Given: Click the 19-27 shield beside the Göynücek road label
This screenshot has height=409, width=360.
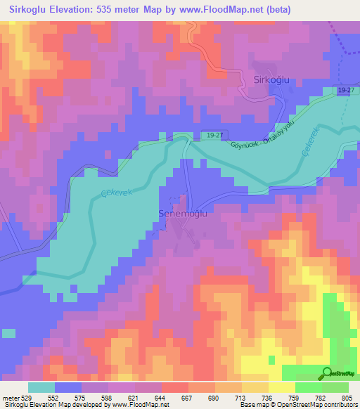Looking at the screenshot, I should click(x=215, y=134).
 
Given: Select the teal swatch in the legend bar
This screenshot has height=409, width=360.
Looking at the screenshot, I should click(x=41, y=387).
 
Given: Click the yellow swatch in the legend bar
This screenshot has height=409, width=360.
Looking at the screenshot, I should click(x=282, y=387).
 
